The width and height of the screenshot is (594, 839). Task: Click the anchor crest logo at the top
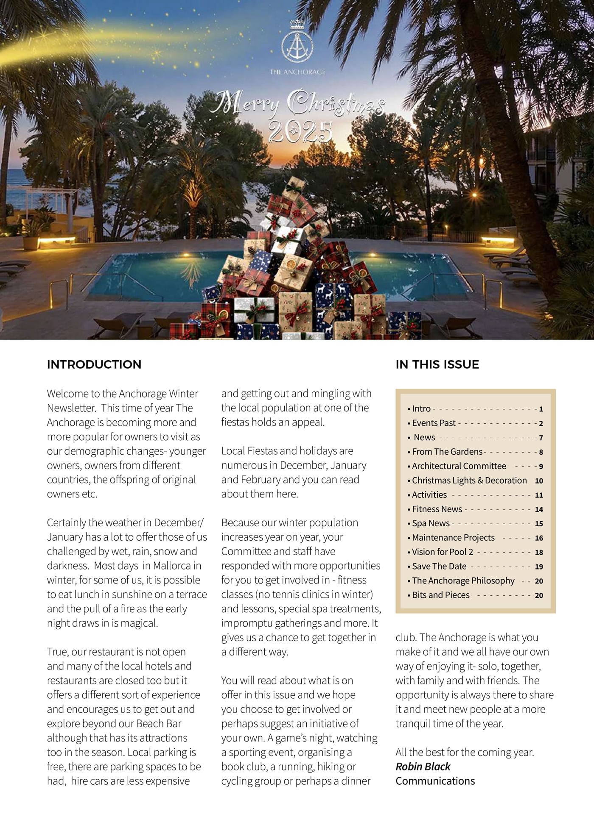tap(297, 43)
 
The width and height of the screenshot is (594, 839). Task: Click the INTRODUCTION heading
tap(94, 364)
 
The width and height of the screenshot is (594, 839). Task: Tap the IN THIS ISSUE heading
tap(437, 364)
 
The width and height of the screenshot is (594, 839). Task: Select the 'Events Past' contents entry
tap(434, 423)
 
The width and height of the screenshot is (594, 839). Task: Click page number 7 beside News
tap(541, 438)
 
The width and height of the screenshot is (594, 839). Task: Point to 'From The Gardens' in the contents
tap(447, 452)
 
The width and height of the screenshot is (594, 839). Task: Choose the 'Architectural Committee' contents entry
tap(459, 466)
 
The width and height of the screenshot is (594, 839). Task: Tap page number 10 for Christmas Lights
tap(539, 481)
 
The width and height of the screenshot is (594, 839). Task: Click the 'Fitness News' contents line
tap(437, 509)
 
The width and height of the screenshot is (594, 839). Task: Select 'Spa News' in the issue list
tap(431, 523)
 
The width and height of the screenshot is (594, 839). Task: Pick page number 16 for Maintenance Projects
tap(539, 538)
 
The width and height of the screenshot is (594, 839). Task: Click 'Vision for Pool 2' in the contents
tap(443, 552)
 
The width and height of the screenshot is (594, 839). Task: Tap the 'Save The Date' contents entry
tap(439, 566)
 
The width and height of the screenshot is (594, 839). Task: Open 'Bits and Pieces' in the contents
tap(441, 595)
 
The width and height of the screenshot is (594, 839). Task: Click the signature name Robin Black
tap(423, 767)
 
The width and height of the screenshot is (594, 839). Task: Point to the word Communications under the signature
tap(435, 781)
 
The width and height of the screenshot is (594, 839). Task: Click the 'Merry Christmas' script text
tap(297, 103)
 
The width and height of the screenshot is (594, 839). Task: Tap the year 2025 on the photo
tap(300, 132)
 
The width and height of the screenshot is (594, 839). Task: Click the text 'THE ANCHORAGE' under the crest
tap(297, 72)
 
